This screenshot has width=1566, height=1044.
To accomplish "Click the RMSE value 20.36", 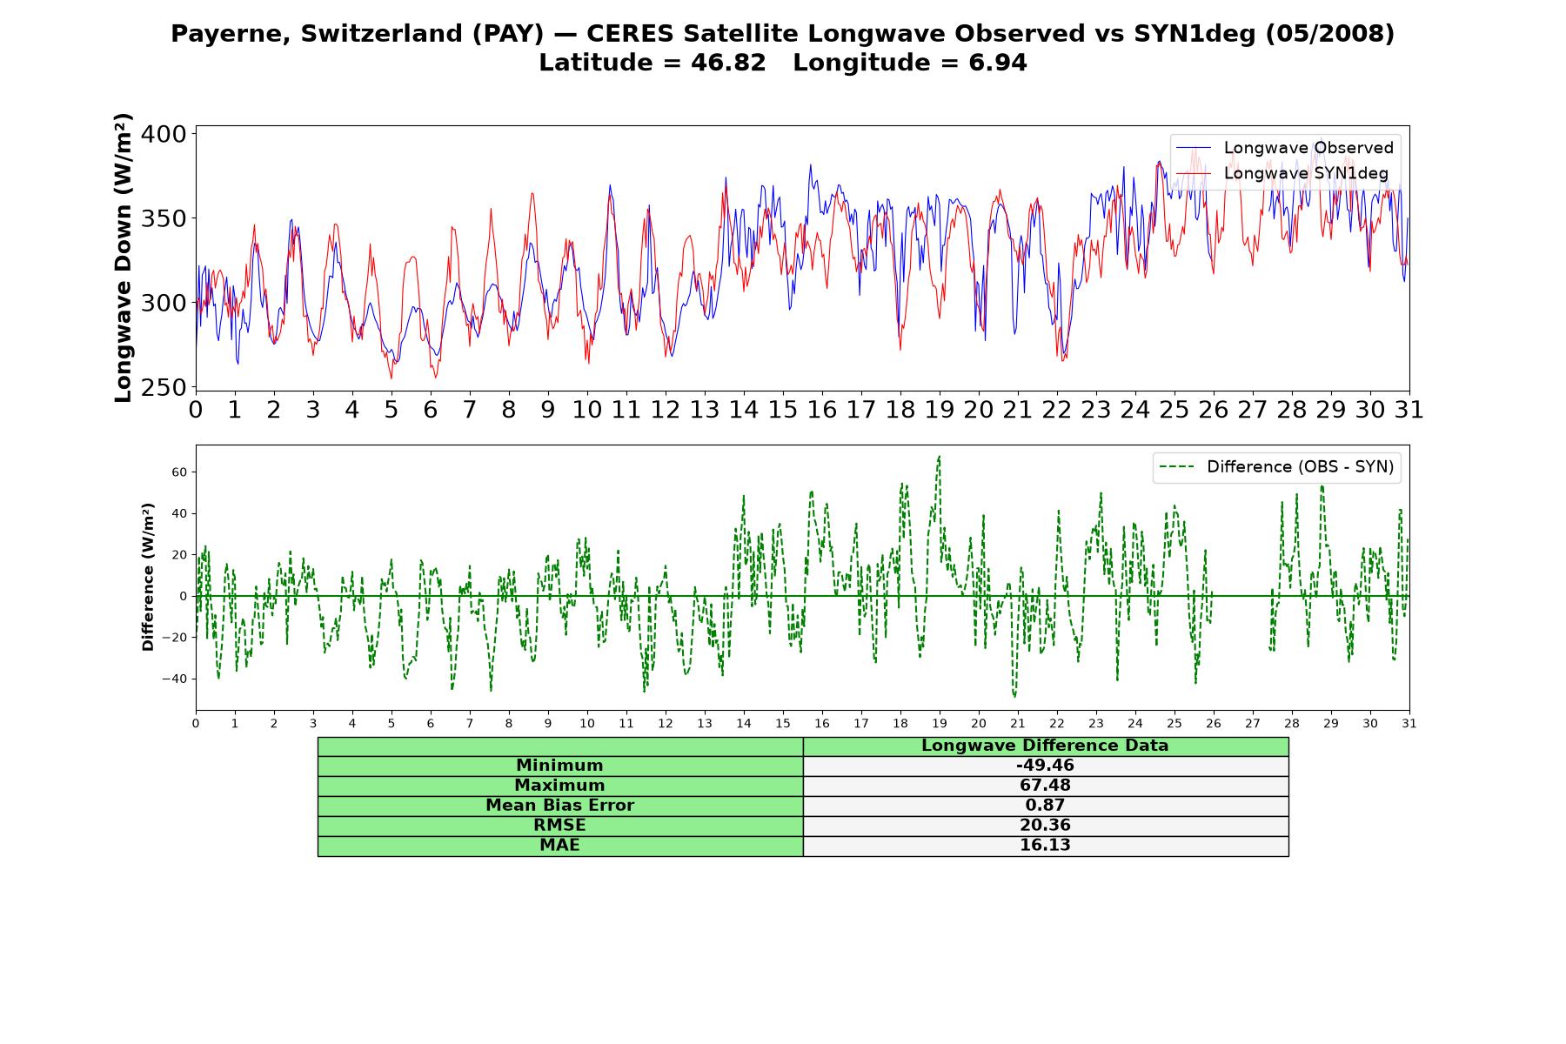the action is [1045, 826].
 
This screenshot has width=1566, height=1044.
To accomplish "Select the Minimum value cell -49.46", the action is [1045, 766].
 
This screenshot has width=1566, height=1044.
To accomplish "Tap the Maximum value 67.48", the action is [1045, 786].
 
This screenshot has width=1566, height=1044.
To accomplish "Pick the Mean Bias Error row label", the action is [559, 806].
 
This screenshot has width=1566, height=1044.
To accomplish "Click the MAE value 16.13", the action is [1045, 846].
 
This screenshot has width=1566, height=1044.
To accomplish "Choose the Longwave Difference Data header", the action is [1045, 746].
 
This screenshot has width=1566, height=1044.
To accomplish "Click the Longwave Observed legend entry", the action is [1285, 148].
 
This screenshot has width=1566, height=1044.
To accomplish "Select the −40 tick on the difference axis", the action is [175, 679].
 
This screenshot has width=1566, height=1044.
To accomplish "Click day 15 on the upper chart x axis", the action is [783, 410].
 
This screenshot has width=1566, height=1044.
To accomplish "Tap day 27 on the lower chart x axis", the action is [1253, 724].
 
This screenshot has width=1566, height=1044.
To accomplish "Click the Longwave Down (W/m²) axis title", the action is [124, 258].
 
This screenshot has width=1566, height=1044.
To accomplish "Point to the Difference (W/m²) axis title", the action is [148, 577].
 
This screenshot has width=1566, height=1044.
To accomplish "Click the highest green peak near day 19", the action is [939, 456].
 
